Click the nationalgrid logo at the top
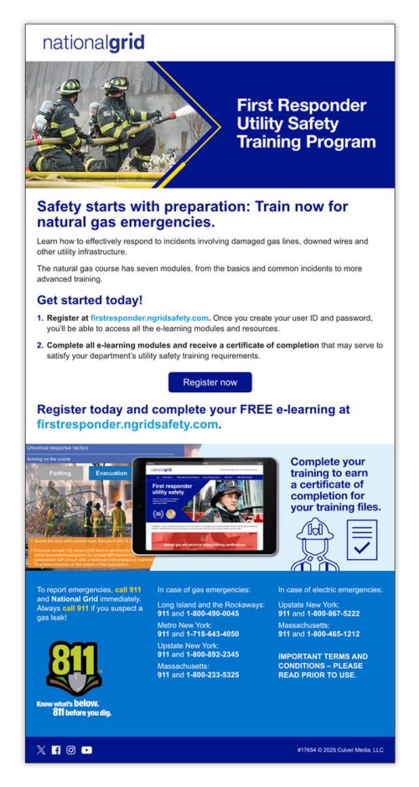pos(93,43)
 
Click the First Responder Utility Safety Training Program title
pos(305,124)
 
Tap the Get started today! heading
pos(90,300)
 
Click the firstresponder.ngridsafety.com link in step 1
pos(149,318)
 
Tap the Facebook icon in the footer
pos(56,750)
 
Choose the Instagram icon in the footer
pos(71,750)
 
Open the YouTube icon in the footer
pos(86,750)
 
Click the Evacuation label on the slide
pos(111,473)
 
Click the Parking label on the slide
pos(59,473)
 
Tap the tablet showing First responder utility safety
pos(204,505)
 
